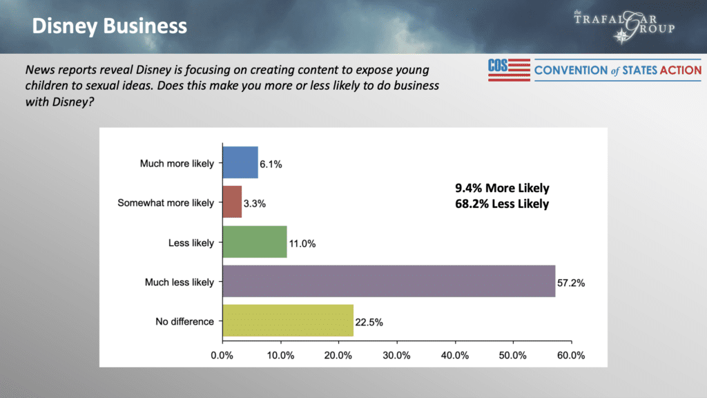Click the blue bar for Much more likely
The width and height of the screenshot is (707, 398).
(240, 163)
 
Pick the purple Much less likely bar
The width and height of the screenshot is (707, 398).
(389, 282)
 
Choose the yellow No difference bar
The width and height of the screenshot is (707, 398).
(288, 321)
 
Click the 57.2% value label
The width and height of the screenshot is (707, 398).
(572, 284)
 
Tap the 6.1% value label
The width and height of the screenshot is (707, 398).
(271, 165)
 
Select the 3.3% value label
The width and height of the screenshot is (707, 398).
(255, 205)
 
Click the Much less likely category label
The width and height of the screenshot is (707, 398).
(180, 282)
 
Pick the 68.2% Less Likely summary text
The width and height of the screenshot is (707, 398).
(502, 204)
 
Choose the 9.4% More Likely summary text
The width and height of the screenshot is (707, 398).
(502, 188)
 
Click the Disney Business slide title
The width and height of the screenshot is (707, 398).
(110, 26)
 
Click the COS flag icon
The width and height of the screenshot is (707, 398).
(509, 69)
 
